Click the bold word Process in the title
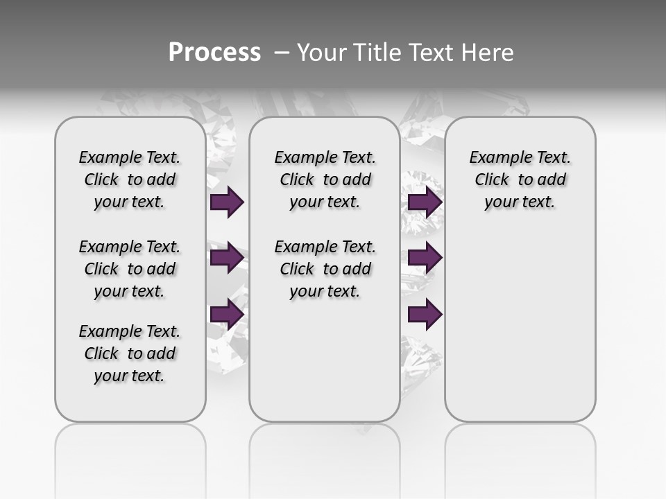tap(214, 53)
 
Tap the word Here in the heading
tap(488, 53)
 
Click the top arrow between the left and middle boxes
tap(227, 202)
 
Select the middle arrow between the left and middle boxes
tap(227, 258)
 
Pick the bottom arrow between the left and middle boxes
tap(227, 315)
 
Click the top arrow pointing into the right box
tap(425, 202)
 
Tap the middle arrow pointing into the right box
tap(425, 258)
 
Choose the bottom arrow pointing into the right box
tap(425, 315)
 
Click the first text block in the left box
tap(130, 180)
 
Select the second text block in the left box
tap(130, 269)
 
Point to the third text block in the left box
tap(130, 353)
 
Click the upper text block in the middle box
tap(325, 180)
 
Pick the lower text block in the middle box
tap(325, 269)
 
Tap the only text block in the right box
tap(520, 180)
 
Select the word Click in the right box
tap(492, 180)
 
